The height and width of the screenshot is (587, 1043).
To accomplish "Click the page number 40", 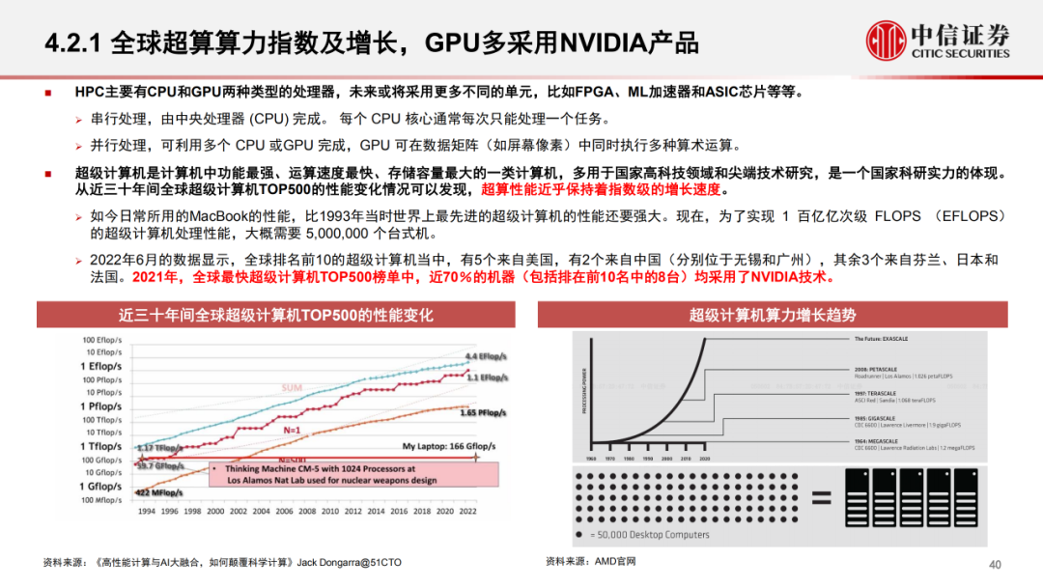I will (x=995, y=565).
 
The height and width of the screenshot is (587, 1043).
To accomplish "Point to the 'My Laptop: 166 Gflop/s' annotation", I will (x=443, y=446).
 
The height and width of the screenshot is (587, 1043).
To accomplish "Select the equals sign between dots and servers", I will (x=822, y=498).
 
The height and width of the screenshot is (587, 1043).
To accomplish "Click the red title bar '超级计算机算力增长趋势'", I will (x=771, y=315).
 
